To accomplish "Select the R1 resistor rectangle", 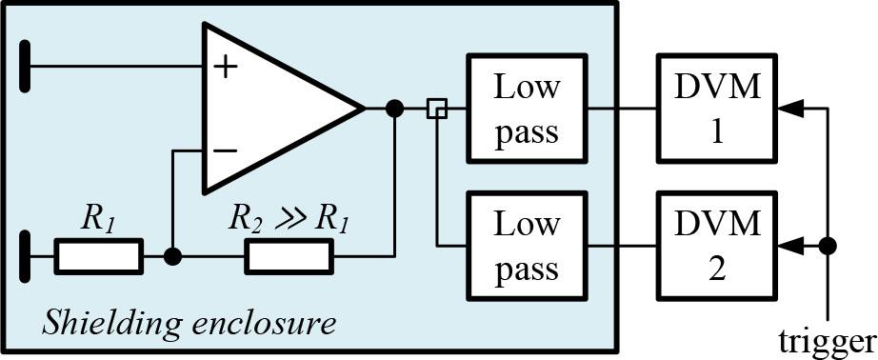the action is click(98, 256).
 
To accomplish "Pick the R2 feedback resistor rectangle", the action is click(289, 256).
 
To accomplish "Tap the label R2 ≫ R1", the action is click(289, 221).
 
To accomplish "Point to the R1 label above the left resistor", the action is click(98, 221).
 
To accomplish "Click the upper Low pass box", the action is click(527, 109).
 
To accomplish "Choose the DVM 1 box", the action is click(717, 109).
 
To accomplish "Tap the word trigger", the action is click(827, 341).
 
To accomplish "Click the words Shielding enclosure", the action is click(190, 324).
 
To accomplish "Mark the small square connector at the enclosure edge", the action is click(437, 109).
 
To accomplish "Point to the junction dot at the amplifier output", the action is click(395, 109).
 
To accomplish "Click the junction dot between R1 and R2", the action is click(172, 256).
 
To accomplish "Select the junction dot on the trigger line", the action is click(828, 245).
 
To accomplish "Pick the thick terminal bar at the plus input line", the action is click(25, 66).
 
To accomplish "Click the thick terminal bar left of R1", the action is click(25, 256).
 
